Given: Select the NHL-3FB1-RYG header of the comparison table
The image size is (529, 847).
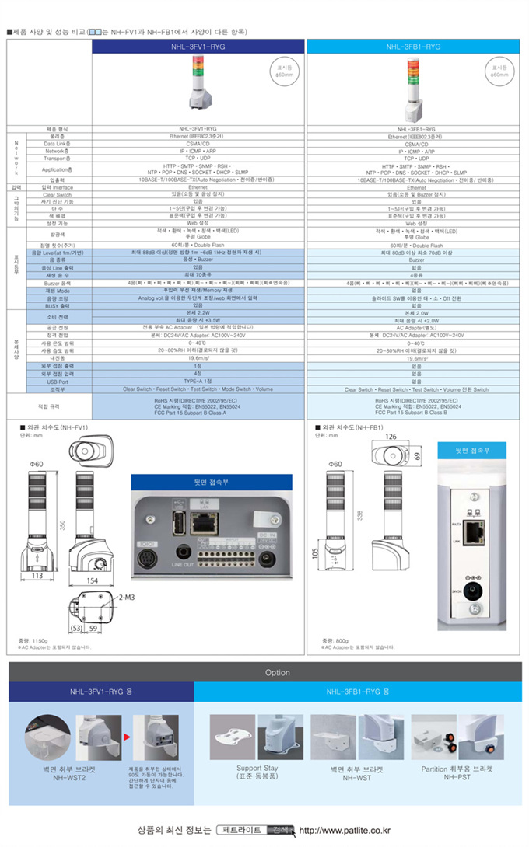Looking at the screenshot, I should point(413,47).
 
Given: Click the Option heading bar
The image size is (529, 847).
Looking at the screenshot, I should point(277,673).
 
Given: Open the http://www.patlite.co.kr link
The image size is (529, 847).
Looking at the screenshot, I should point(345,830).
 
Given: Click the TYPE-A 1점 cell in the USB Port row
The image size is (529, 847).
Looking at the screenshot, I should point(198,382).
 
